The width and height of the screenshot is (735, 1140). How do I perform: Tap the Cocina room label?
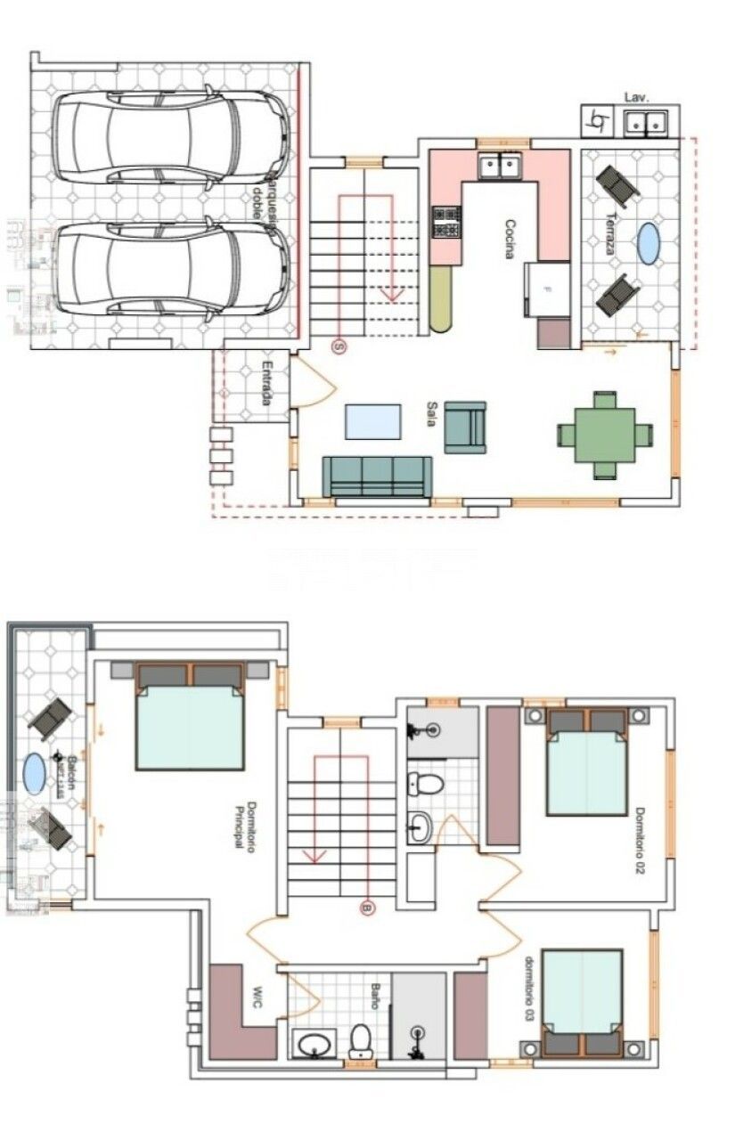point(510,239)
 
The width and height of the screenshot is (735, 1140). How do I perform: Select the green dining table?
point(605,435)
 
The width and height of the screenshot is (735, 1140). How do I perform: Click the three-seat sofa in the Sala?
point(377,476)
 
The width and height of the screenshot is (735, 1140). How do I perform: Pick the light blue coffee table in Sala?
point(372,421)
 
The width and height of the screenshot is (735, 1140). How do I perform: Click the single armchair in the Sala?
point(465,427)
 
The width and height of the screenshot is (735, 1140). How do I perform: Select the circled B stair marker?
point(366,908)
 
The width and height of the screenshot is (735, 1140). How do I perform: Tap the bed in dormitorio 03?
point(583,1002)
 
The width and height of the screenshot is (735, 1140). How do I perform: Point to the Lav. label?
point(635,96)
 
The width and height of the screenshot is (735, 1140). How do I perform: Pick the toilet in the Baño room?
point(360,1039)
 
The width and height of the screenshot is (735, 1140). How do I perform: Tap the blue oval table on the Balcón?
point(34,773)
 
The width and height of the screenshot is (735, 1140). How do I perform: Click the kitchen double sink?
point(499,166)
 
